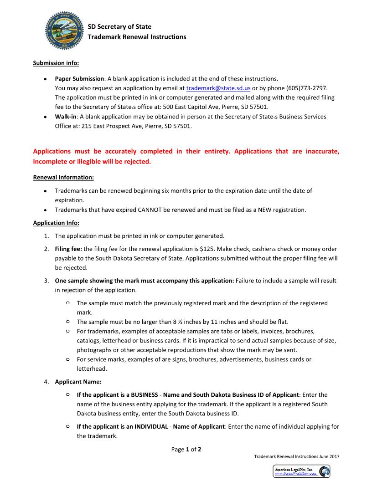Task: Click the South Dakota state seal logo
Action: click(65, 31)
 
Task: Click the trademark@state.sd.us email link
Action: click(218, 88)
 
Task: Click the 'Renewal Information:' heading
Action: click(63, 177)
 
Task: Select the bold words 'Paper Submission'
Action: click(79, 78)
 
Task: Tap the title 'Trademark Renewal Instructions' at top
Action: click(137, 37)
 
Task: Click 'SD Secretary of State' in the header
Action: click(119, 27)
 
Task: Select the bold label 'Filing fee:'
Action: click(68, 249)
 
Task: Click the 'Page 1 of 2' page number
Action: click(186, 449)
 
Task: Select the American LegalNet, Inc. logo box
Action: click(301, 471)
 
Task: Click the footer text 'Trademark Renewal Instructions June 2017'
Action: click(296, 456)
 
